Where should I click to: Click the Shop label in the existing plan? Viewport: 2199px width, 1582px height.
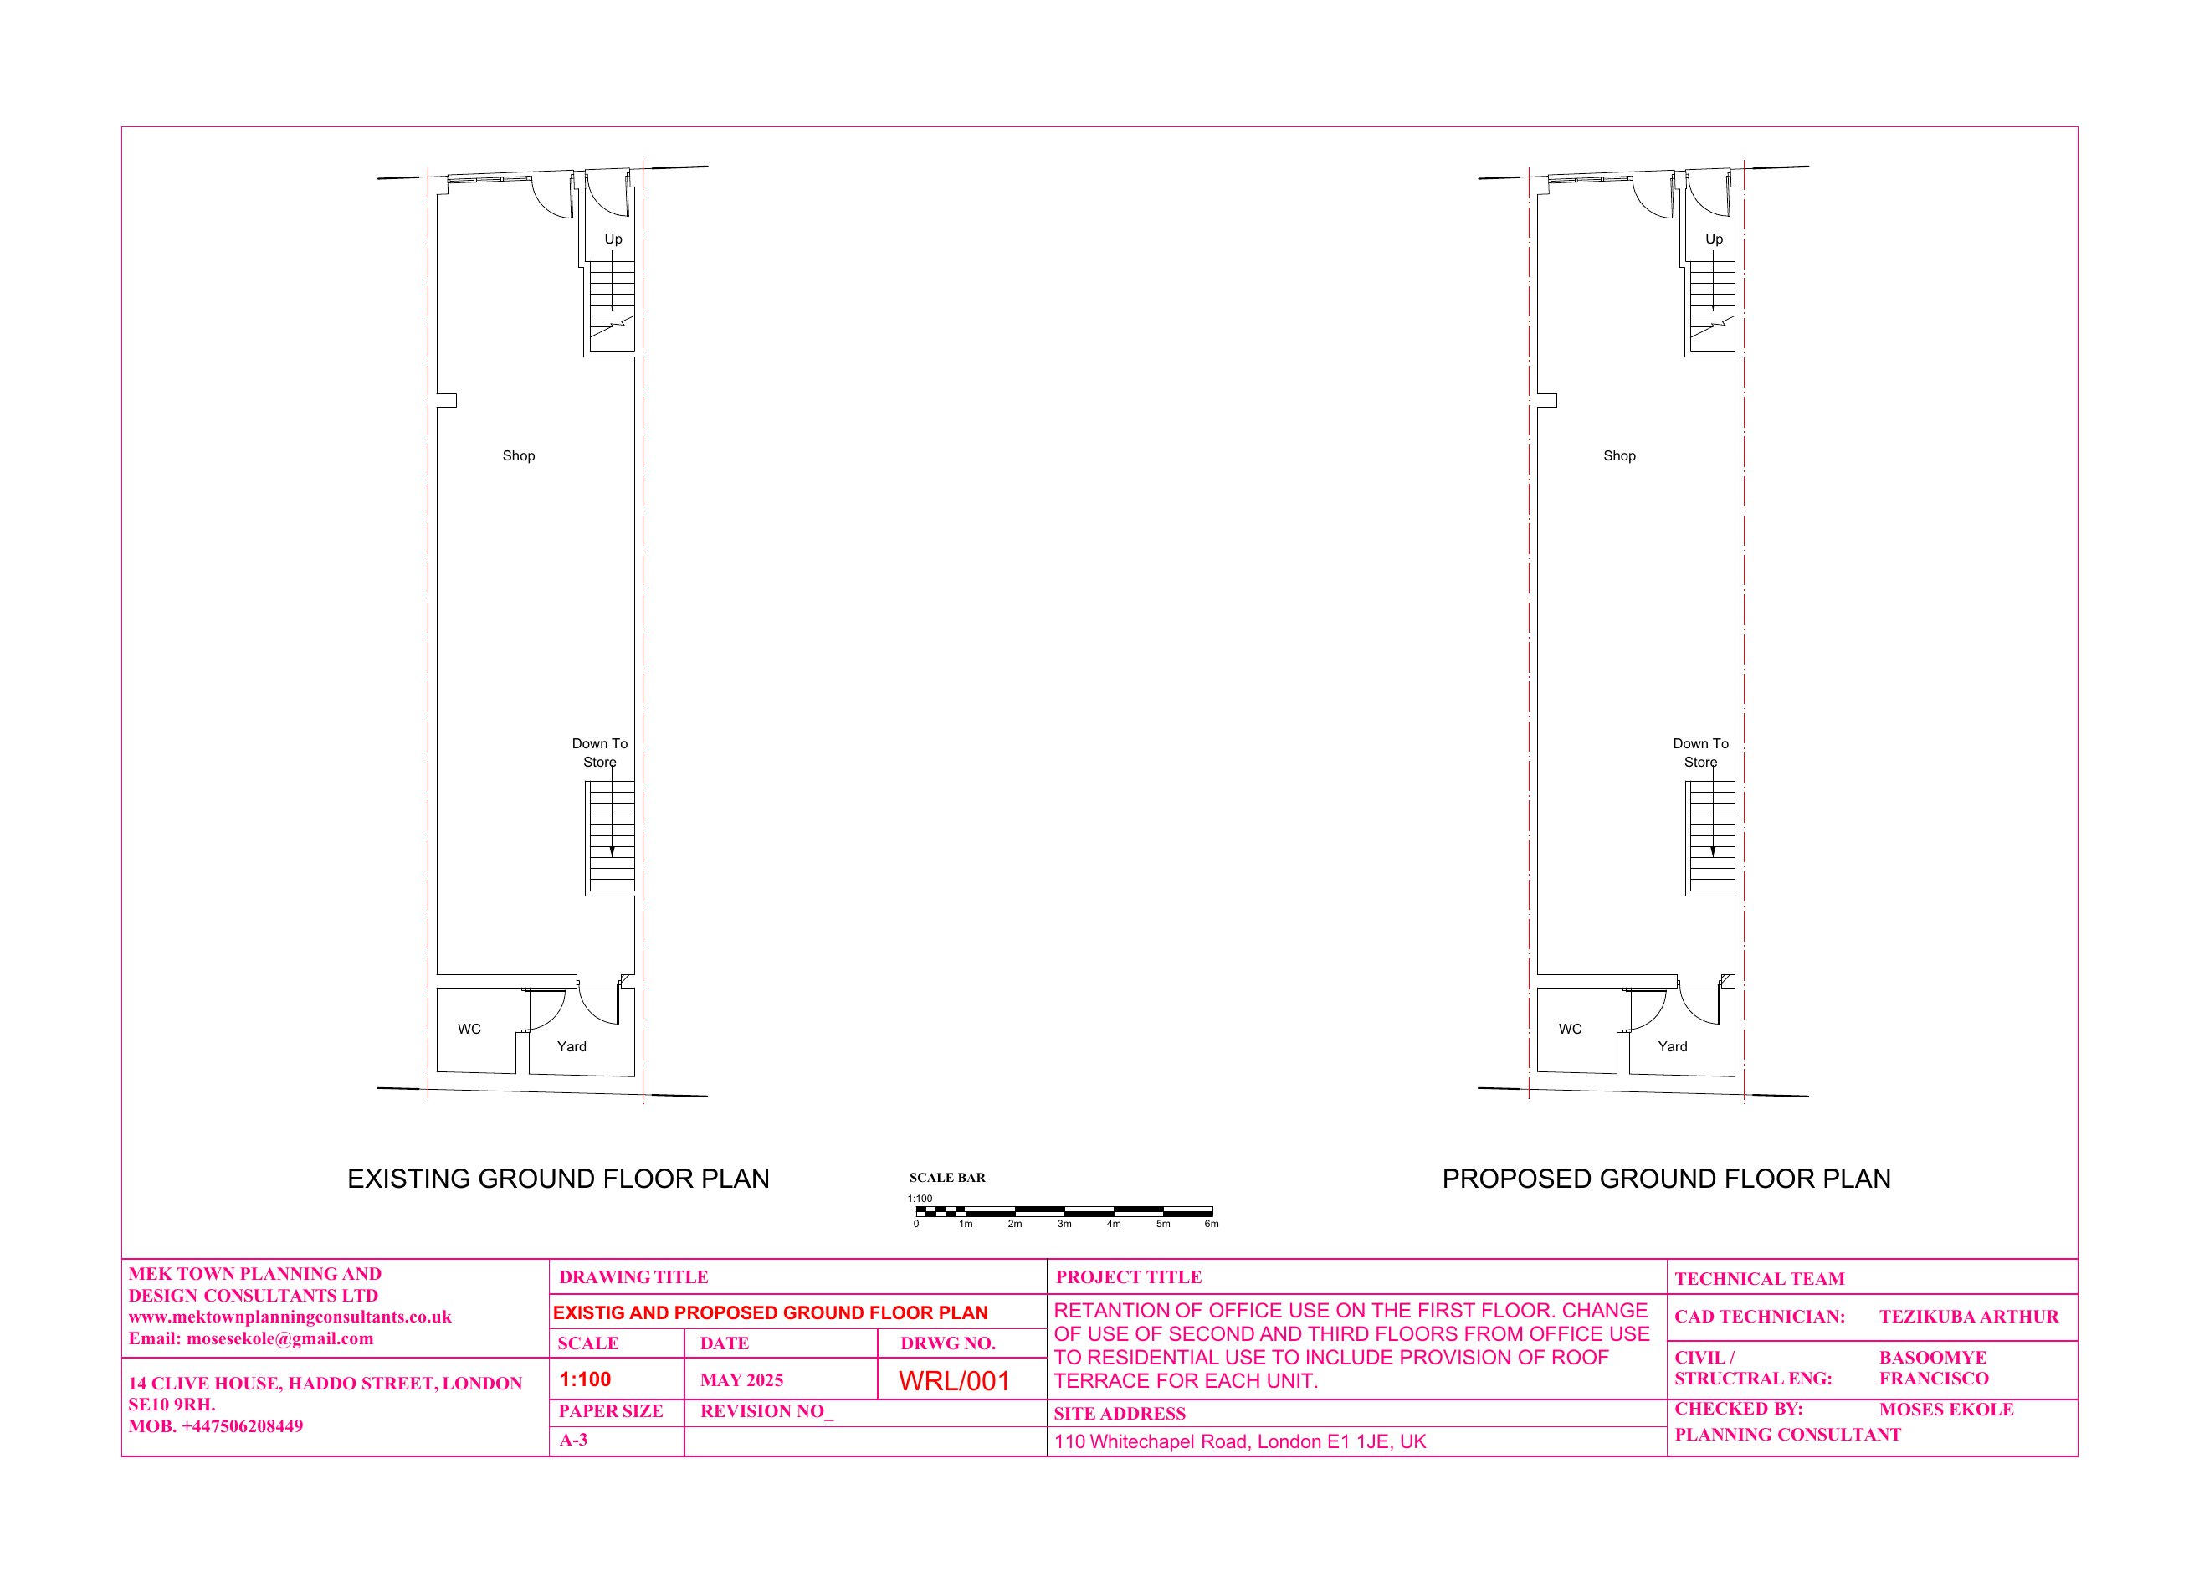(519, 456)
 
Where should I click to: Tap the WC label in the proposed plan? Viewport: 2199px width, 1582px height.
(1570, 1029)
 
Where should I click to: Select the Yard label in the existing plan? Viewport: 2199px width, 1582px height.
(572, 1046)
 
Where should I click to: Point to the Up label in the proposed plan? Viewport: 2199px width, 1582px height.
(1715, 239)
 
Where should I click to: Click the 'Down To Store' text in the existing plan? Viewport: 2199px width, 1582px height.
(600, 752)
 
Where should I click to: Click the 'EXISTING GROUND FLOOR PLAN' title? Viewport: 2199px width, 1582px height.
(558, 1179)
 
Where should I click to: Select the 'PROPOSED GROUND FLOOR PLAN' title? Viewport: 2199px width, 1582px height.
(1667, 1179)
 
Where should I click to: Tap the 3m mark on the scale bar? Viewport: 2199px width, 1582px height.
(1064, 1224)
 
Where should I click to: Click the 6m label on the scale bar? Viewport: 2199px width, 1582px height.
(1212, 1224)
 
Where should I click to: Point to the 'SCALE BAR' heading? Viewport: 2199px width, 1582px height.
(947, 1178)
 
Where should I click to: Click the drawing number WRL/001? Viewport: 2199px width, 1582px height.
(954, 1381)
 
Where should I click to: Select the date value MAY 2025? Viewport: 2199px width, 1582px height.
(741, 1380)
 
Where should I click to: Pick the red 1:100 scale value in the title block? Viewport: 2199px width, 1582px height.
(586, 1379)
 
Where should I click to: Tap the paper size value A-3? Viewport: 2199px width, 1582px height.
(574, 1441)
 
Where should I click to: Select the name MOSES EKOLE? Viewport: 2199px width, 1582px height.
(1946, 1410)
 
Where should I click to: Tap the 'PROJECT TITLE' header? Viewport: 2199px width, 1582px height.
(1129, 1277)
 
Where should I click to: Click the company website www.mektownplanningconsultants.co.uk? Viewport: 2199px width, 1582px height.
(290, 1317)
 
